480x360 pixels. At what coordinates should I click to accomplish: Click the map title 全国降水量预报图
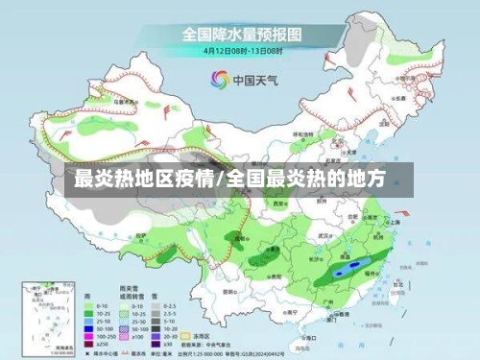click(x=240, y=33)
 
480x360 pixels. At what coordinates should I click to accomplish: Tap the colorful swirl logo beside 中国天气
click(x=218, y=80)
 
